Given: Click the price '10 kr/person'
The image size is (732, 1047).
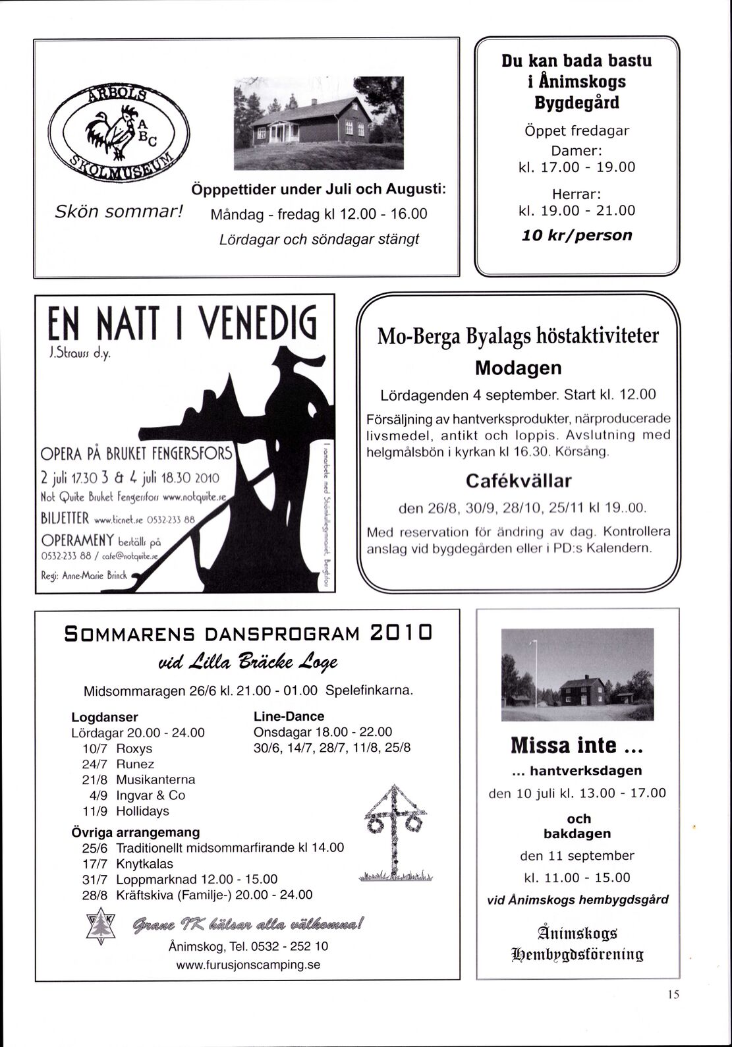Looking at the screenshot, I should [577, 235].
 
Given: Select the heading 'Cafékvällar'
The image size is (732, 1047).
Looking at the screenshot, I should [518, 480].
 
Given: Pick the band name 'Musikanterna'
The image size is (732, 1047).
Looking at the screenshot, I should [155, 779].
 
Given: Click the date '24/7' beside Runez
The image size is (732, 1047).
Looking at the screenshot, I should [94, 764].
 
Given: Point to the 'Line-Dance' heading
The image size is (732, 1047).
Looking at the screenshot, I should [289, 716].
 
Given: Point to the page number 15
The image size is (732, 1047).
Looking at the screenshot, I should [672, 995].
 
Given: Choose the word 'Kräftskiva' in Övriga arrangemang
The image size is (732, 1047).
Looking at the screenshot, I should [143, 895].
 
